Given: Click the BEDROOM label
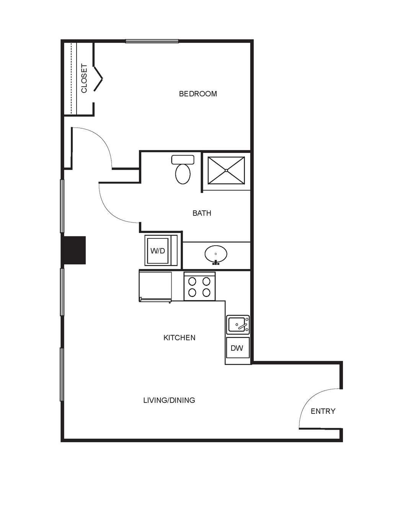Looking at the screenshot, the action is click(198, 94).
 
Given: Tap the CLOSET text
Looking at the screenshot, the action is click(84, 78).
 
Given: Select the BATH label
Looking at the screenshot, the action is click(202, 213).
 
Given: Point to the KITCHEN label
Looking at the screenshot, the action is click(179, 338).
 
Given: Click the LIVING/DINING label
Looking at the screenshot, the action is click(169, 400).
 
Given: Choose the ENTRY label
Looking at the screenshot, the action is click(323, 411).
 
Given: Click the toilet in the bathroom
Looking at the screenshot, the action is click(183, 169).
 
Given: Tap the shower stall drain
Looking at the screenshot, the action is click(226, 171).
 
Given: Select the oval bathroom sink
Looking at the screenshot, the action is click(216, 254).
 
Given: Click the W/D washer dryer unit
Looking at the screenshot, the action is click(161, 250).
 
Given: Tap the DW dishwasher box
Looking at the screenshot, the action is click(238, 348).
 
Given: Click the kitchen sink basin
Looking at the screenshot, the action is click(238, 325).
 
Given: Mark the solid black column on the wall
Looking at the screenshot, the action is click(73, 250).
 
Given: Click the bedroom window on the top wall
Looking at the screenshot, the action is click(152, 41).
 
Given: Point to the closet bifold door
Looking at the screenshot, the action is click(98, 79).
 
